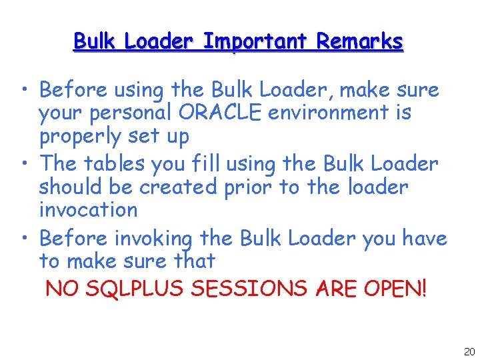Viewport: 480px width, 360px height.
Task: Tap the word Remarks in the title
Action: pyautogui.click(x=359, y=42)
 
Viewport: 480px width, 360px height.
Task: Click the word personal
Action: pyautogui.click(x=127, y=113)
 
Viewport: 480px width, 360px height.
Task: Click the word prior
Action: pyautogui.click(x=248, y=187)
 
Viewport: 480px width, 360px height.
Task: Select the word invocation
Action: pyautogui.click(x=88, y=210)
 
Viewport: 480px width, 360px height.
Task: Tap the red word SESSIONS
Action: pyautogui.click(x=248, y=289)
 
